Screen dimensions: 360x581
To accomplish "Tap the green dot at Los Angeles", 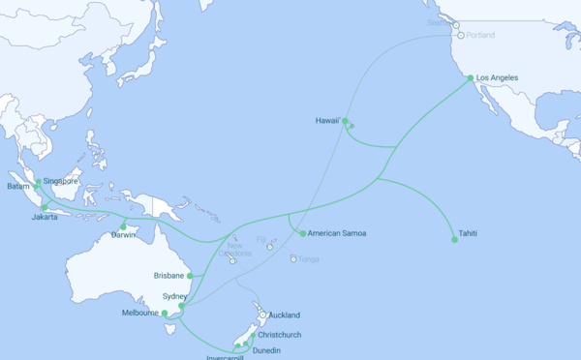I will tap(471, 77).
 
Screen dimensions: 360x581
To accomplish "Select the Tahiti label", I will tap(468, 233).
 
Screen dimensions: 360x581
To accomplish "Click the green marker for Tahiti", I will tap(454, 239).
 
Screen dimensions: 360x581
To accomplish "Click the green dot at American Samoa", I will tap(303, 233).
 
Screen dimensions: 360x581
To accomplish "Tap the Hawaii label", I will tap(327, 120).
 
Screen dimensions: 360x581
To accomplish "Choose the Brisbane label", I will tap(168, 276).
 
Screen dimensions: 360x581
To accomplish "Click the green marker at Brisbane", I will tap(190, 276).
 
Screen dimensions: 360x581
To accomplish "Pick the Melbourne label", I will tap(139, 313).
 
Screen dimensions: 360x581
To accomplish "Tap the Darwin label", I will tap(123, 235).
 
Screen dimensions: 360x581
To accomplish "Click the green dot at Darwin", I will tap(123, 227).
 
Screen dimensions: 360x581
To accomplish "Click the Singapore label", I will tap(60, 181).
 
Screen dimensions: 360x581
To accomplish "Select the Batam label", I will tap(18, 186).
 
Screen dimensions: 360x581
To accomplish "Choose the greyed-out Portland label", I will tap(478, 36).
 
